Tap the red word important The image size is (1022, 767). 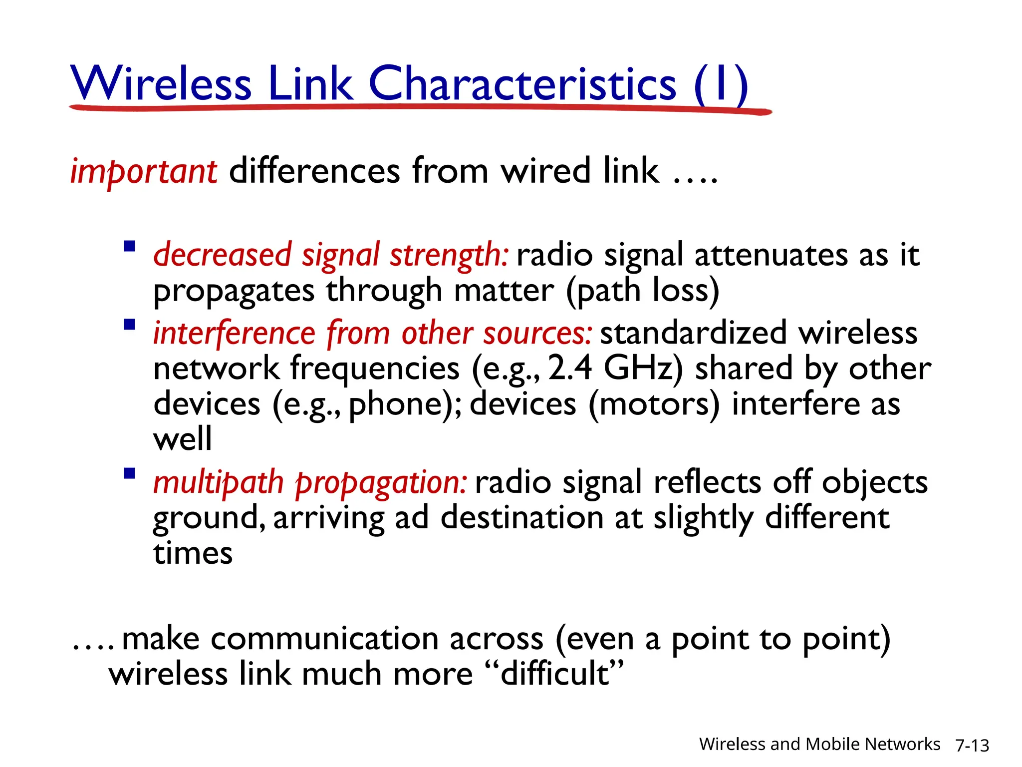(144, 171)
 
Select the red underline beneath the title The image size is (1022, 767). (419, 107)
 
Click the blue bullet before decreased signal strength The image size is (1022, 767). (130, 246)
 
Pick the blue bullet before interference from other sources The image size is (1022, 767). (130, 325)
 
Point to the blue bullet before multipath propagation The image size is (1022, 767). (130, 473)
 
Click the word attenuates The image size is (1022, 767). (771, 255)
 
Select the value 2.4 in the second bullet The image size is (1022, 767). (570, 368)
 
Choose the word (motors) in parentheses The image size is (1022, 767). (654, 404)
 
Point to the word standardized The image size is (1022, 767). (693, 333)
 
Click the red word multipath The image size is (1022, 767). (219, 483)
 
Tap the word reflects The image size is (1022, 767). (708, 482)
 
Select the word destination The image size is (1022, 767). (522, 518)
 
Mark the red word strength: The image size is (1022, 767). (449, 255)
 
